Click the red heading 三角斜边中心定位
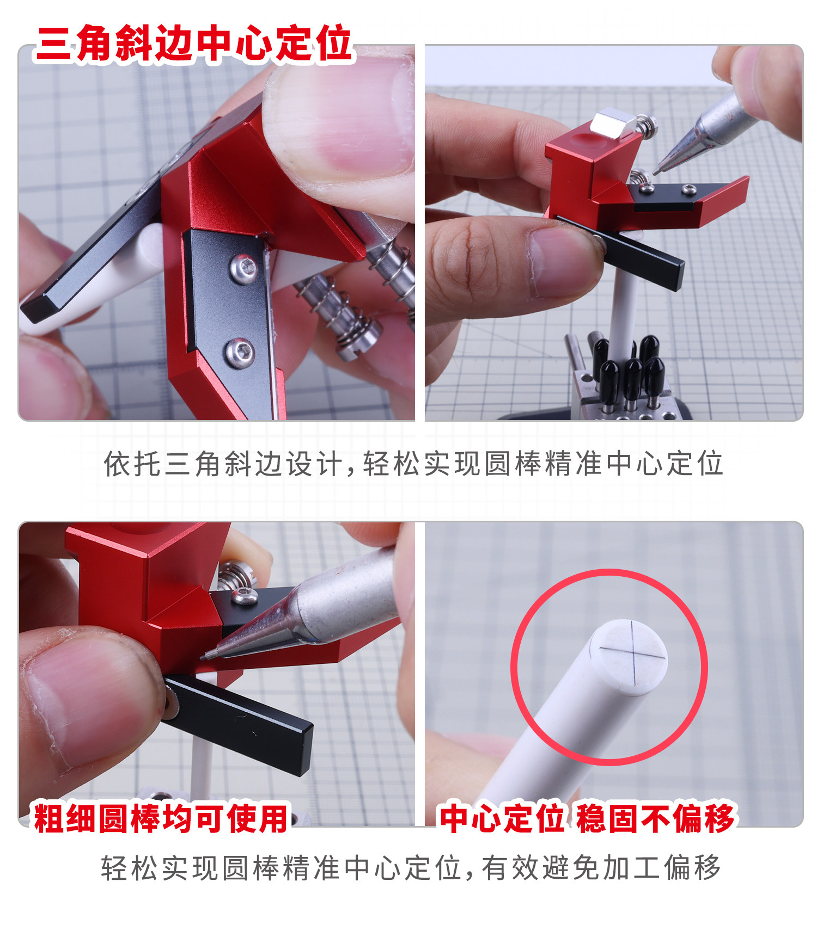click(193, 43)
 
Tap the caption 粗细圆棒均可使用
click(161, 818)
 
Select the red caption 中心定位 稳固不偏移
click(587, 818)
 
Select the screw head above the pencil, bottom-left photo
click(245, 595)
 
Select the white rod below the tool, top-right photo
click(621, 316)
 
